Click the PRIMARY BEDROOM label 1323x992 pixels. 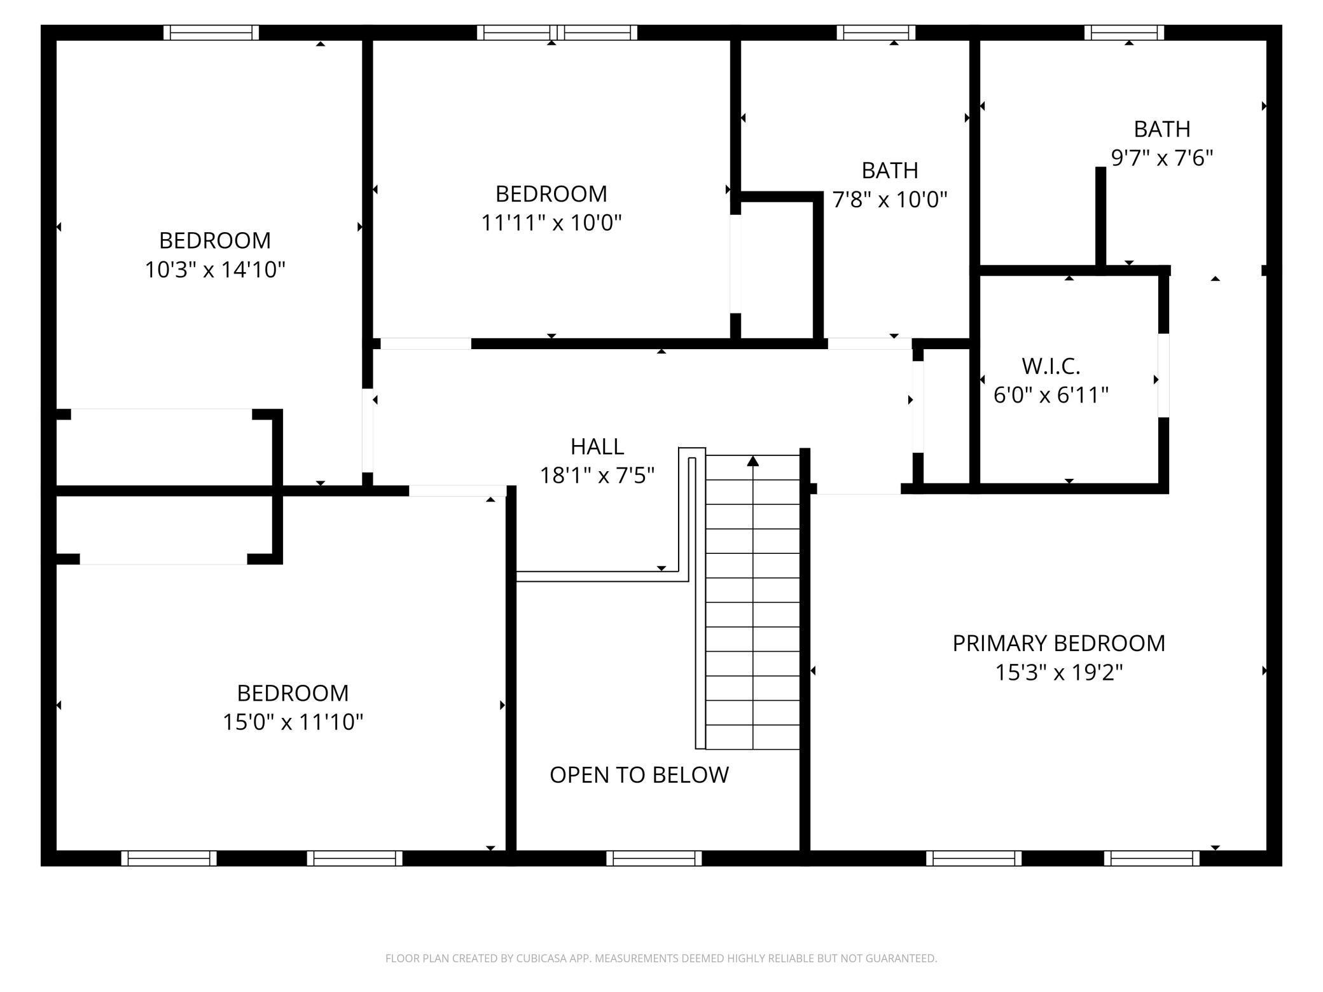(x=1058, y=643)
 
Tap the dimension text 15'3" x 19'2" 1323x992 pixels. (x=1058, y=672)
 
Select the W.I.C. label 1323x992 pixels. (x=1051, y=366)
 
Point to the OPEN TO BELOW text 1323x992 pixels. (x=639, y=775)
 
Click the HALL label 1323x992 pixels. (x=597, y=446)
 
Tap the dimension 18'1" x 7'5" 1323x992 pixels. (x=597, y=475)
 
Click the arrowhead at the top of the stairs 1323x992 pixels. (x=753, y=461)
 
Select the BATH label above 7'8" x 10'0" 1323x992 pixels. (x=889, y=170)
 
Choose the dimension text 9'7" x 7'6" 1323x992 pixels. (x=1161, y=158)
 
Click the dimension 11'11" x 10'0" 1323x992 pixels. (x=551, y=223)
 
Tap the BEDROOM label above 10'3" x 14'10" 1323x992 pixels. (x=214, y=240)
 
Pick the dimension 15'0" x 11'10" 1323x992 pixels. (x=293, y=722)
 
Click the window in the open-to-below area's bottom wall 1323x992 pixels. (x=653, y=858)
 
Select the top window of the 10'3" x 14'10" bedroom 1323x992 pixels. (x=211, y=32)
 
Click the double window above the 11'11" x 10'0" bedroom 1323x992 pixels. (x=557, y=32)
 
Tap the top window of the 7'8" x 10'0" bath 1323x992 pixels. (x=876, y=32)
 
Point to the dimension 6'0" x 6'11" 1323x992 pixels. (x=1051, y=395)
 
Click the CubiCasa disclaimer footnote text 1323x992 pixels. (x=661, y=958)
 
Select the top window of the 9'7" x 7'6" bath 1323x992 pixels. (x=1124, y=32)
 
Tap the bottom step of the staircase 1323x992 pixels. (x=753, y=737)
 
